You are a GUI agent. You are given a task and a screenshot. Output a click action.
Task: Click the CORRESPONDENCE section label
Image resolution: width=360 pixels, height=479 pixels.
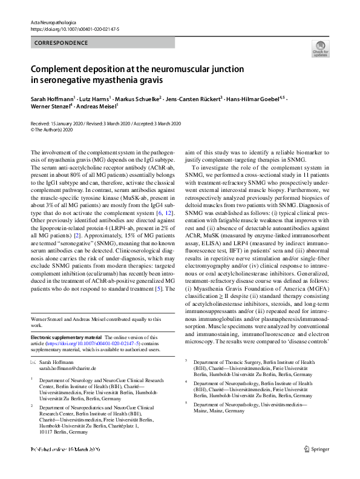tap(57, 44)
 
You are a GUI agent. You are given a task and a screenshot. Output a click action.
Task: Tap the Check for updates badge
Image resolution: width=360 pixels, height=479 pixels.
tap(320, 49)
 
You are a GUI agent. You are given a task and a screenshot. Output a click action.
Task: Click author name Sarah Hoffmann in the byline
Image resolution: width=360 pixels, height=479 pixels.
tap(53, 98)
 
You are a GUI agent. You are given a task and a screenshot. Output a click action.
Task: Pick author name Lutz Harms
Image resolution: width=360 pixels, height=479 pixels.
tap(94, 98)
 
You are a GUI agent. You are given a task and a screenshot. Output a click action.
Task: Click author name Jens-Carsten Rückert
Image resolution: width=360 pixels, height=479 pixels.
tap(192, 98)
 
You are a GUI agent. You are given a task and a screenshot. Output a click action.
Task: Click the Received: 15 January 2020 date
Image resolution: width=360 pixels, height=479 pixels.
tap(57, 124)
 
